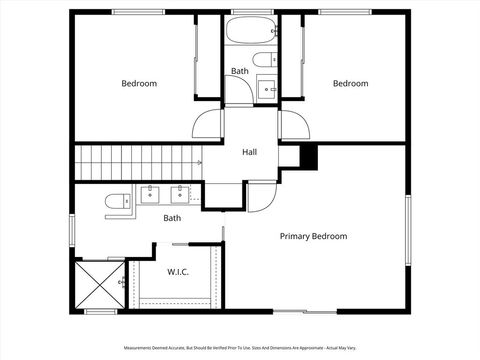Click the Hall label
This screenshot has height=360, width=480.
click(x=251, y=153)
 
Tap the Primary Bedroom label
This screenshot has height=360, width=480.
click(x=313, y=236)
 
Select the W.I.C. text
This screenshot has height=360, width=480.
click(x=178, y=271)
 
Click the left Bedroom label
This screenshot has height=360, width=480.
click(x=139, y=84)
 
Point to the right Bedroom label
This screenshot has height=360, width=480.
click(x=350, y=84)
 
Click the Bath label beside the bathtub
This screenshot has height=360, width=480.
click(x=240, y=71)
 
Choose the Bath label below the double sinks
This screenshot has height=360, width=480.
click(x=172, y=218)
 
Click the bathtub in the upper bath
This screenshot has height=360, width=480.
click(x=251, y=31)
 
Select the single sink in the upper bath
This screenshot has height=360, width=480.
click(x=267, y=87)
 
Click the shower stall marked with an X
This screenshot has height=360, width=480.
click(x=99, y=286)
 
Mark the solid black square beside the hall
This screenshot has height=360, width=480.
click(x=309, y=157)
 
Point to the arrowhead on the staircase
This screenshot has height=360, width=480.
click(x=199, y=162)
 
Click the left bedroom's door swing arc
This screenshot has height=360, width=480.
click(x=206, y=122)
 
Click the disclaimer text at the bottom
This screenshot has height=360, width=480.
click(x=240, y=348)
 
